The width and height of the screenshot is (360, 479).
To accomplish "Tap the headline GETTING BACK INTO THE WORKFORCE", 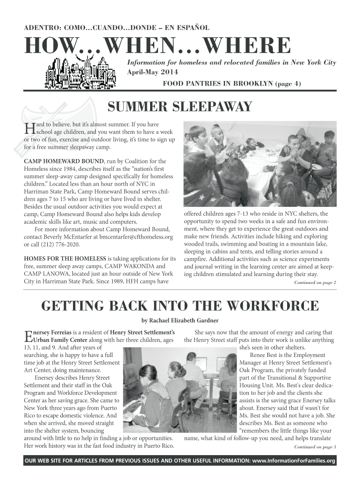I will coord(180,306).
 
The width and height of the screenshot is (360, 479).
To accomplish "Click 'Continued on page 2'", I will coord(315,283).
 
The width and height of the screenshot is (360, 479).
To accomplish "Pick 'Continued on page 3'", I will coord(315,447).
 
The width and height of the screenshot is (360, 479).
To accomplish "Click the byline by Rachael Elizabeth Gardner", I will coord(180,320).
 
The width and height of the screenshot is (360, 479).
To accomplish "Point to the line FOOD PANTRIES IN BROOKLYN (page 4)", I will coord(232,84).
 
